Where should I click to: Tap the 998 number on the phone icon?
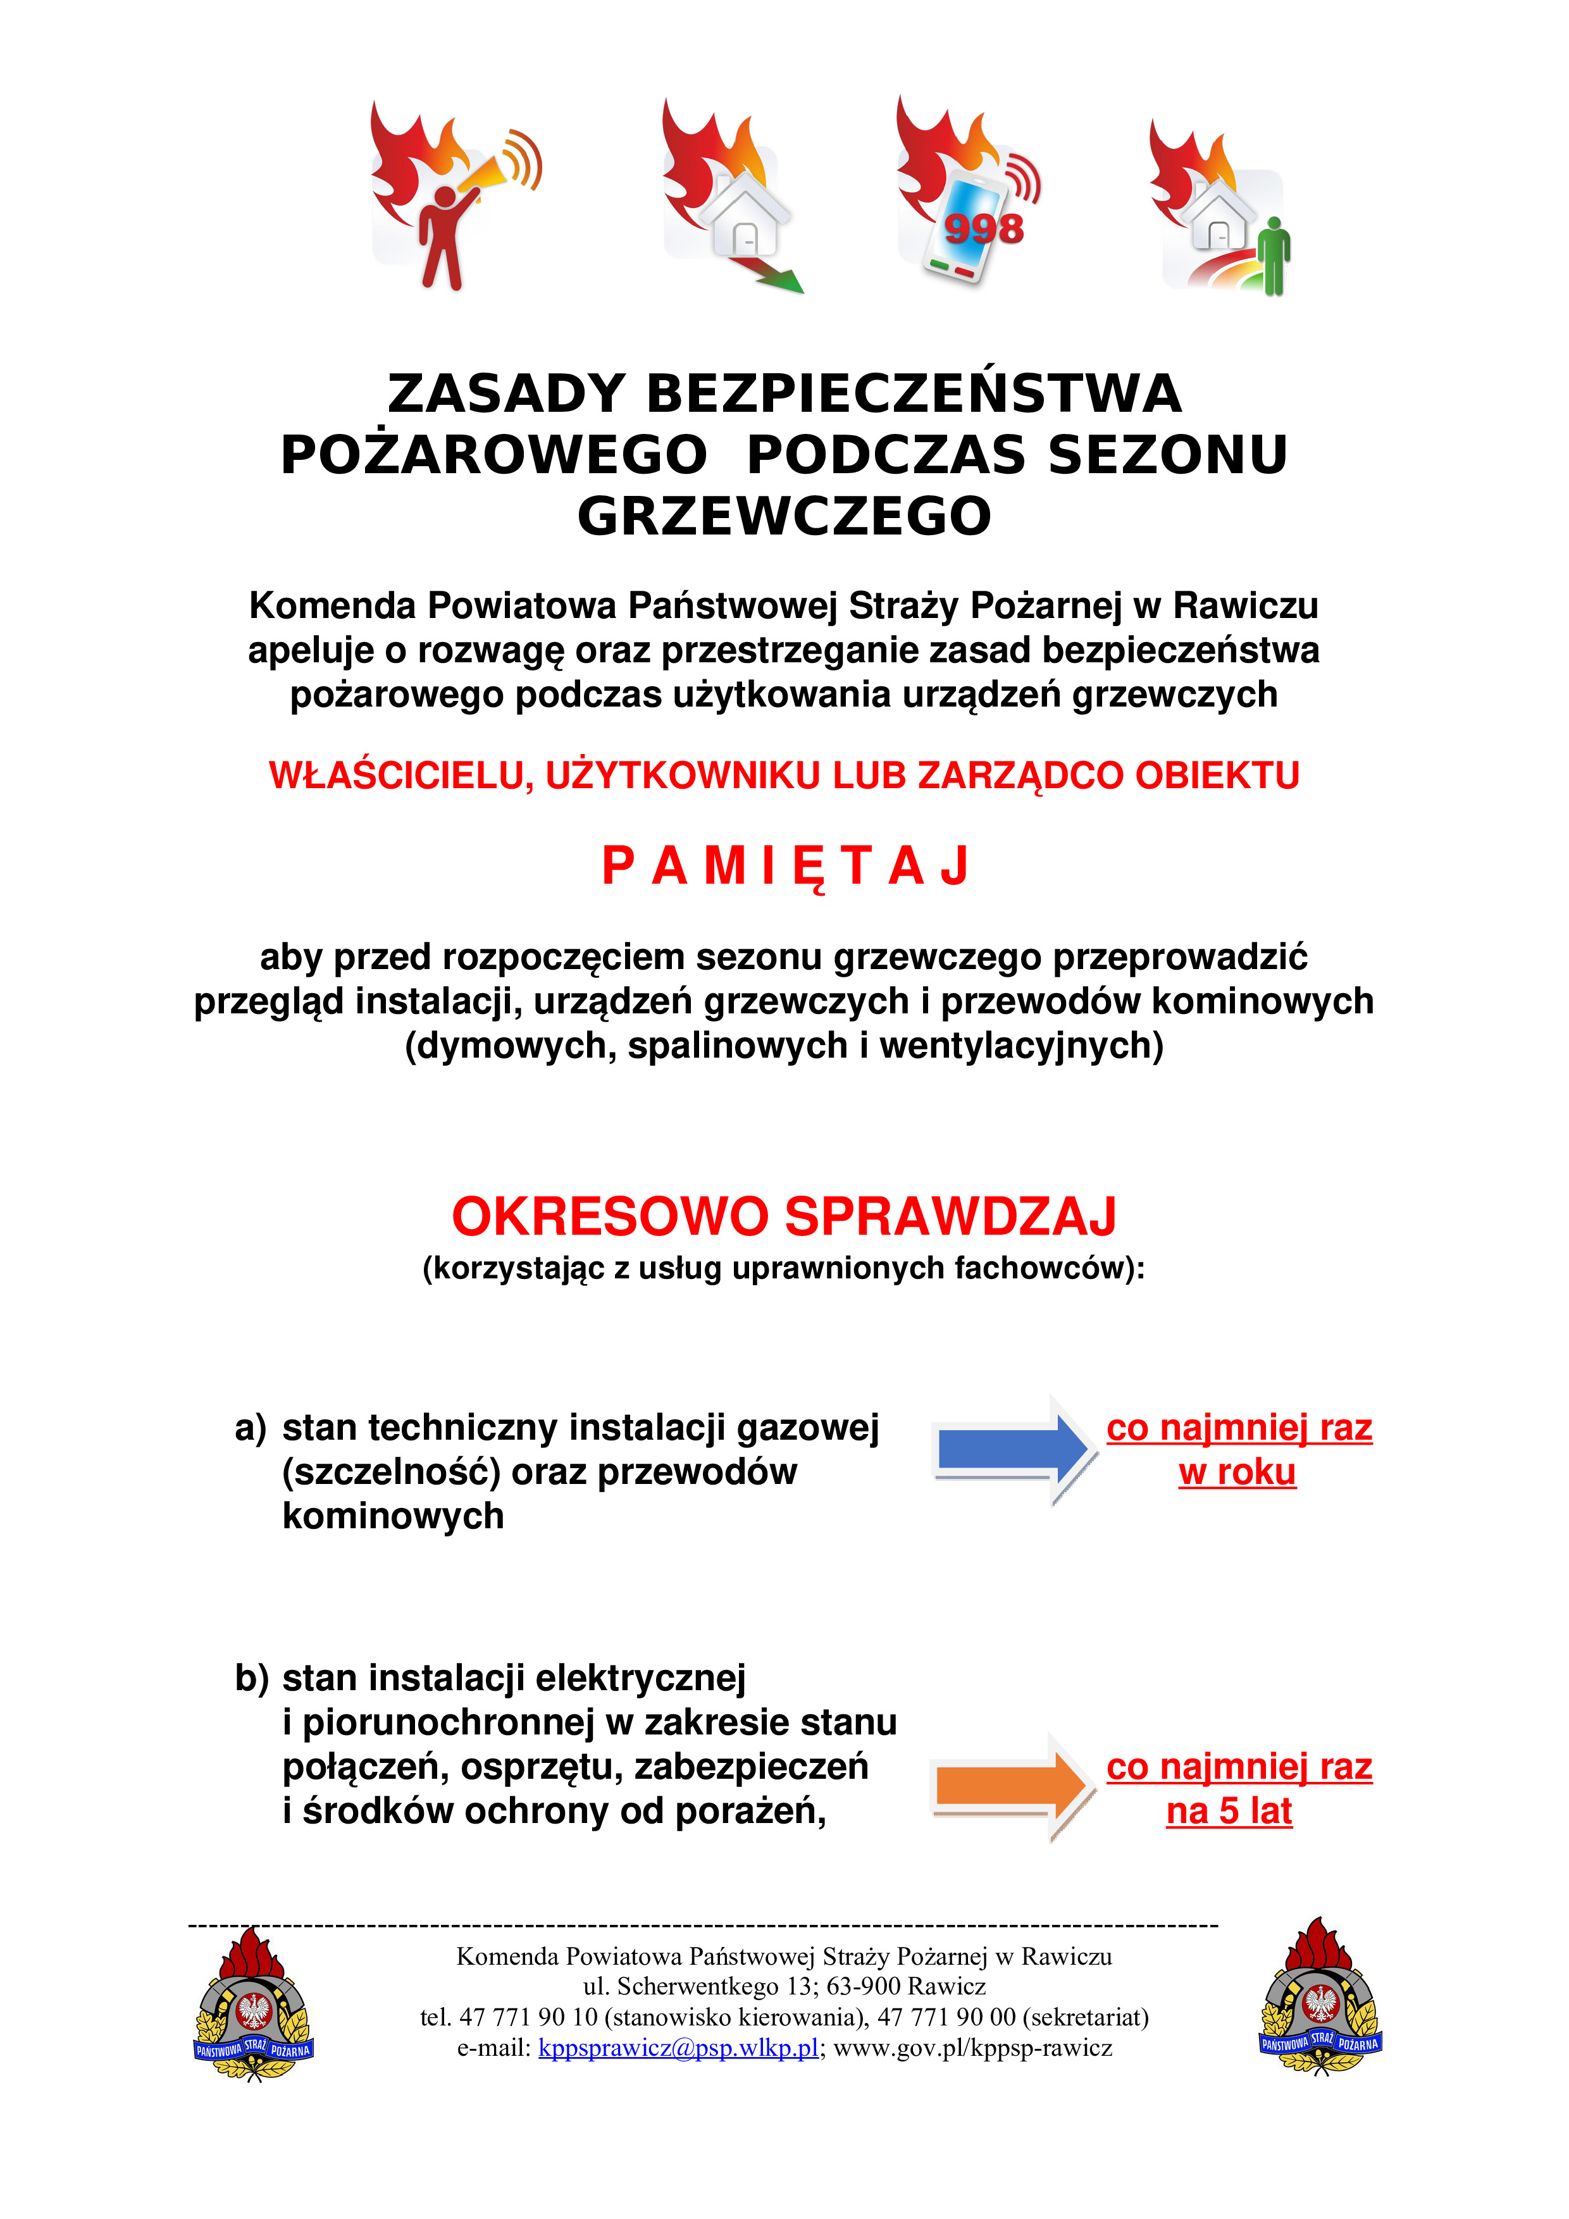point(983,229)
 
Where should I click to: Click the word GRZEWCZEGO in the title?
point(784,516)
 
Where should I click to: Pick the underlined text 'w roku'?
point(1236,1472)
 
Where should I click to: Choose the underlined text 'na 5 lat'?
point(1229,1810)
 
